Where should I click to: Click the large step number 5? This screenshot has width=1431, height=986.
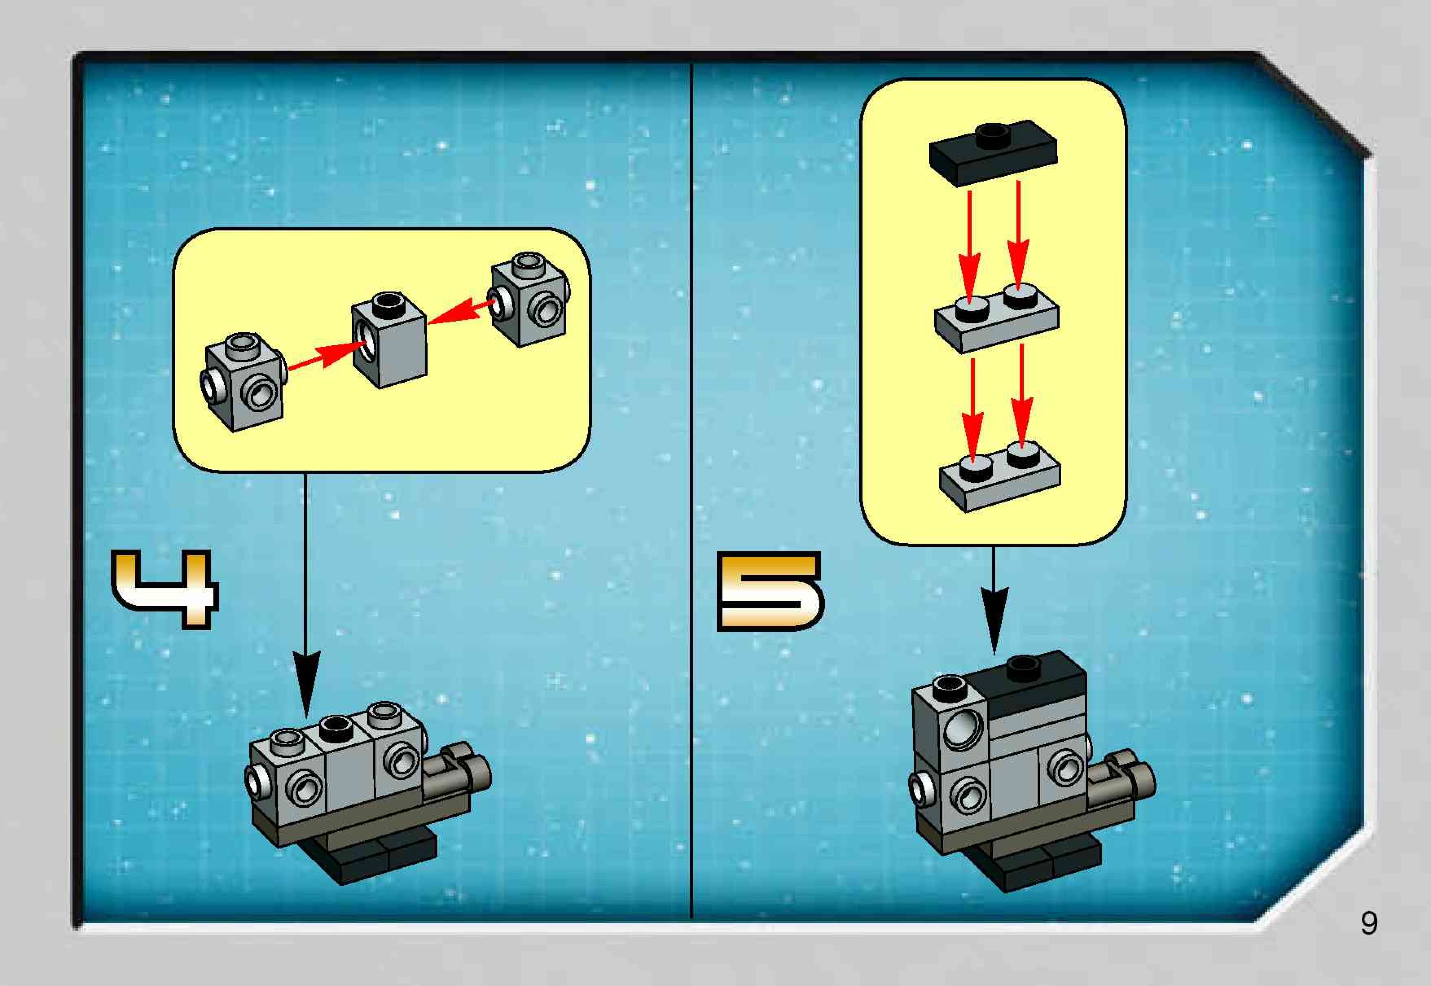[x=770, y=591]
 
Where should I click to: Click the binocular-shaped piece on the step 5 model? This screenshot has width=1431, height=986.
[x=1119, y=782]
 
